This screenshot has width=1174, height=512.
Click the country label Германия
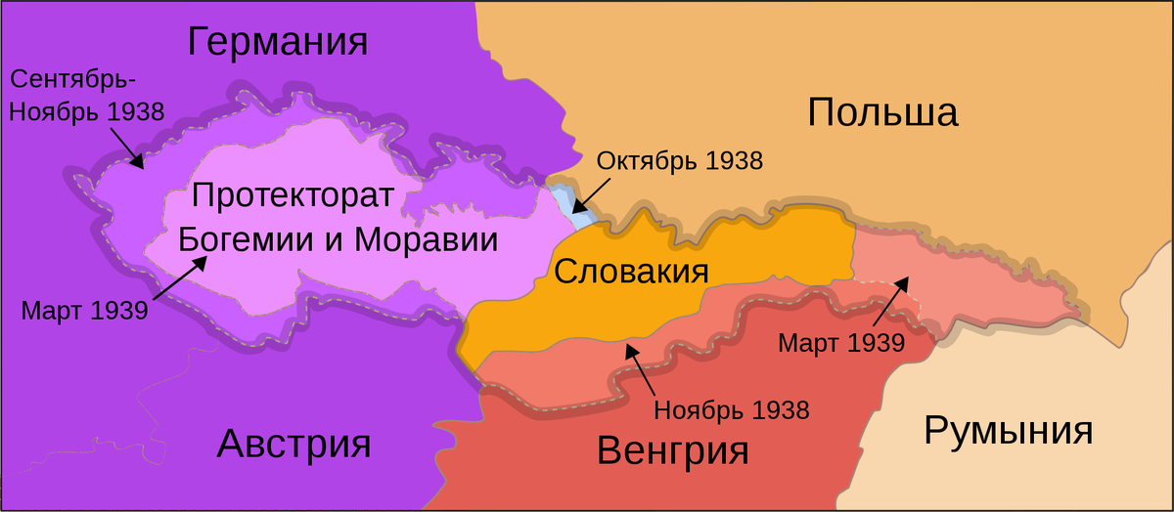coord(278,42)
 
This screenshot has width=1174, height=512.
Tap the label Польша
coord(882,113)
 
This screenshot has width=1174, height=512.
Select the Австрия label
coord(294,445)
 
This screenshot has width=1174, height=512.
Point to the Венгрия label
coord(672,450)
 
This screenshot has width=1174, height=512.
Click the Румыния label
coord(1009,430)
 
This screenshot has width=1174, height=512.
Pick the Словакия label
coord(630,271)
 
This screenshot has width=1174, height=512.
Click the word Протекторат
coord(293,195)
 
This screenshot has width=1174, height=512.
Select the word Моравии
coord(426,240)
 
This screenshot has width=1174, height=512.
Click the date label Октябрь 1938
coord(680,161)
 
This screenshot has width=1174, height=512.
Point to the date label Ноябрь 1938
coord(732,410)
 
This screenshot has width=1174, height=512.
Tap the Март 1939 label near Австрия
coord(84,312)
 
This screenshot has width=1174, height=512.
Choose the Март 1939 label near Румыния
coord(840,343)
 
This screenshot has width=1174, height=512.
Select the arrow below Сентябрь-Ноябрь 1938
coord(127,149)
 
